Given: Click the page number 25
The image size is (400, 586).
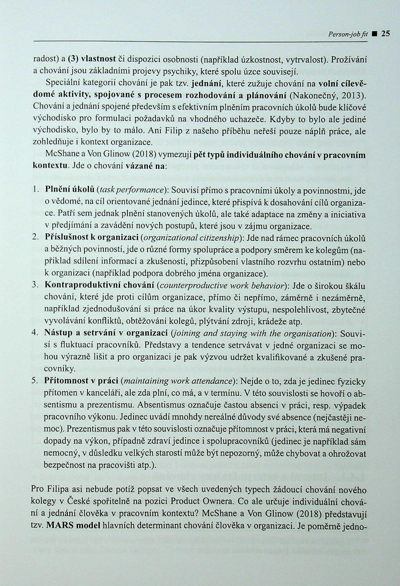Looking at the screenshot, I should [386, 34].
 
